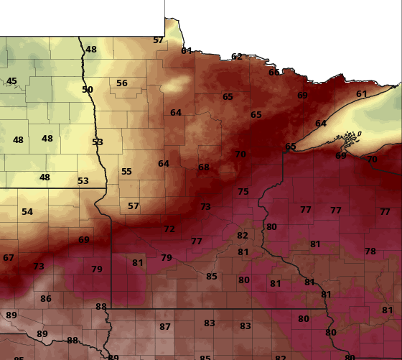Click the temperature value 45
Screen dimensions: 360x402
pos(11,81)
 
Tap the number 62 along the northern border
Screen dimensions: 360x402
pos(237,57)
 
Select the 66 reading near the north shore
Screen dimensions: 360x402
pos(274,72)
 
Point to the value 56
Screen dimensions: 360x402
pos(122,83)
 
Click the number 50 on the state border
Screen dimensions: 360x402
pos(88,90)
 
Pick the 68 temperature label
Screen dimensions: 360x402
pos(204,167)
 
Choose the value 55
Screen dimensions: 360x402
pos(126,172)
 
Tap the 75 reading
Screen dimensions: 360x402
pos(243,192)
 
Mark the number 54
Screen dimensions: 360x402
pos(27,212)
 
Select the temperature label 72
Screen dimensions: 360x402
pos(169,229)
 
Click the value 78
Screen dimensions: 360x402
pos(370,251)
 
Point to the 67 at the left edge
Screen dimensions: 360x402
pos(9,258)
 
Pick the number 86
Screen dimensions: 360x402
pos(46,299)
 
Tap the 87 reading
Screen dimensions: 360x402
pos(165,327)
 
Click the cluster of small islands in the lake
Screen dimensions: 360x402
pos(350,135)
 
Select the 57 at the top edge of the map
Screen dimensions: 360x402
pos(159,40)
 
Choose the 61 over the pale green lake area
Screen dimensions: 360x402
pos(362,94)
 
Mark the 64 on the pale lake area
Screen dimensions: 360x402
pos(321,124)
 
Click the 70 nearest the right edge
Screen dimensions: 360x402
pos(372,160)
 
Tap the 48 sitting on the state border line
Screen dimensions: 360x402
pos(91,50)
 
